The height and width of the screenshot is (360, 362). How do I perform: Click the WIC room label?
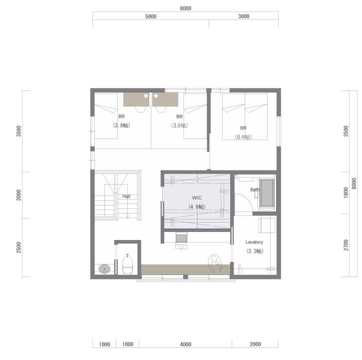[x=197, y=197]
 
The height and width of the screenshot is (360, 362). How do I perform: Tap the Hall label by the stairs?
[x=126, y=196]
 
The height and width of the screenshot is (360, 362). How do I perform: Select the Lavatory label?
[x=254, y=242]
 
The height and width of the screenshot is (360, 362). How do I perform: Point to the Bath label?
[x=255, y=189]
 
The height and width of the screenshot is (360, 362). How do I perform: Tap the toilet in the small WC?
[x=127, y=264]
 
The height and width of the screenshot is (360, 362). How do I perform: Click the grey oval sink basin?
[x=104, y=269]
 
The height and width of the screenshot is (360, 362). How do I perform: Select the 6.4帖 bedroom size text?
[x=243, y=137]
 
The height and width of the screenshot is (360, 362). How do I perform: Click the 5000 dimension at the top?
[x=151, y=16]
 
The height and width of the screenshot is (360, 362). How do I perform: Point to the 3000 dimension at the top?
[x=244, y=16]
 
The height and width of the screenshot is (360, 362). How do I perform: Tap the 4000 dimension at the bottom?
[x=186, y=344]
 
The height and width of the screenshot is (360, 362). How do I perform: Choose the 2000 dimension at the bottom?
[x=255, y=344]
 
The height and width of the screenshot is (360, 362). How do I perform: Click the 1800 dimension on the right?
[x=346, y=192]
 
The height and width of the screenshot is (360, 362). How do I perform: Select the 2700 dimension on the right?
[x=346, y=245]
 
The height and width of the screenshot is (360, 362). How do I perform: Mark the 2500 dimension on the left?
[x=18, y=247]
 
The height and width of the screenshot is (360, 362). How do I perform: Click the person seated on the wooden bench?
[x=215, y=263]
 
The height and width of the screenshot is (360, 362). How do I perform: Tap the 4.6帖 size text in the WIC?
[x=197, y=206]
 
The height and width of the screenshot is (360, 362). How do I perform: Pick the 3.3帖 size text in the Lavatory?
[x=255, y=251]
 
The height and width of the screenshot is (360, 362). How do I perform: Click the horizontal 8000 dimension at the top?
[x=186, y=8]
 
